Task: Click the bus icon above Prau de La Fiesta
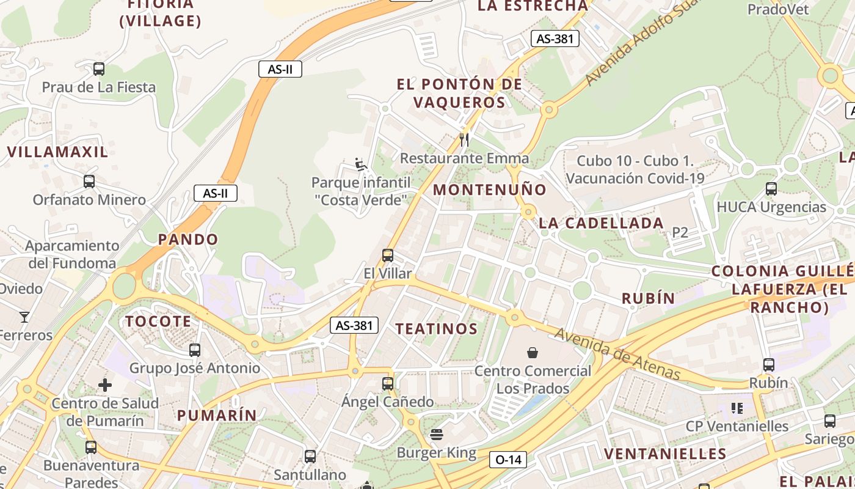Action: point(98,69)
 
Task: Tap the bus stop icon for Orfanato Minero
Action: point(89,182)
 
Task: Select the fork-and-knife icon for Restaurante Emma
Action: point(464,140)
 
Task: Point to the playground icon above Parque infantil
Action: point(361,164)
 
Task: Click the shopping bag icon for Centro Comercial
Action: point(533,353)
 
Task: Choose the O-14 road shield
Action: point(508,460)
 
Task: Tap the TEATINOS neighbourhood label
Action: point(436,329)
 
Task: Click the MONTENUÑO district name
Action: point(490,189)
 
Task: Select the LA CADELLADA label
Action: point(601,223)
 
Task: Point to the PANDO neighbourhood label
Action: point(188,240)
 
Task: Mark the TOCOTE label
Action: point(158,322)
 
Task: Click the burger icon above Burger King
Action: point(437,435)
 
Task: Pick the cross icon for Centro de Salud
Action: point(105,385)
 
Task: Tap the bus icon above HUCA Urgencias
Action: point(771,189)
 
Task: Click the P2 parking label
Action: point(680,232)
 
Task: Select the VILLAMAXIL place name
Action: point(57,152)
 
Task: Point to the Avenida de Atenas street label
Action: point(617,354)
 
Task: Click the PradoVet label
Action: point(778,9)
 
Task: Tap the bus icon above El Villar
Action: point(388,256)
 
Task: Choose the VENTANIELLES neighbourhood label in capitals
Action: point(665,454)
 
